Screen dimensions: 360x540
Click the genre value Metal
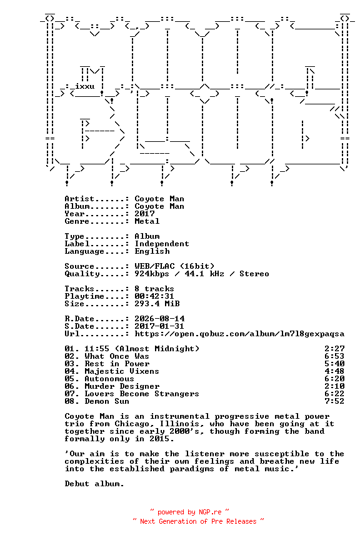pos(147,221)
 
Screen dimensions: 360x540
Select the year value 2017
pos(144,214)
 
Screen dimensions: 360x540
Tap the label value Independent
pos(162,244)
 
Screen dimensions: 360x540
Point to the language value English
pos(152,251)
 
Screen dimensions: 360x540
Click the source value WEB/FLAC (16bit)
pos(174,266)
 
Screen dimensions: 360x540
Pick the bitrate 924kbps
pos(152,274)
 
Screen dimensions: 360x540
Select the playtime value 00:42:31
pos(154,296)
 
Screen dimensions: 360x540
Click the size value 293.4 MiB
pos(157,304)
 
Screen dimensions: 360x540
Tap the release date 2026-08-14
pos(159,319)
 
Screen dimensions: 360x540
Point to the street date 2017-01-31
pos(159,326)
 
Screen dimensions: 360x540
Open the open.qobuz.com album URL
pos(239,334)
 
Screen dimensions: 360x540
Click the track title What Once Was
pos(117,356)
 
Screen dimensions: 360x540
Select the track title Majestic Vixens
pos(122,371)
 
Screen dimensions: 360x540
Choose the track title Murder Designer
pos(122,386)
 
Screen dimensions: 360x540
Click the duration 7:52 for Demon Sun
pos(334,401)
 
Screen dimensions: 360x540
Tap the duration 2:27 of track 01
pos(334,349)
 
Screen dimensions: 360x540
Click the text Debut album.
pos(94,484)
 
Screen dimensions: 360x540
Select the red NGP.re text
pos(210,512)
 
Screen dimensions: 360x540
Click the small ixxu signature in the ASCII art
pos(85,86)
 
